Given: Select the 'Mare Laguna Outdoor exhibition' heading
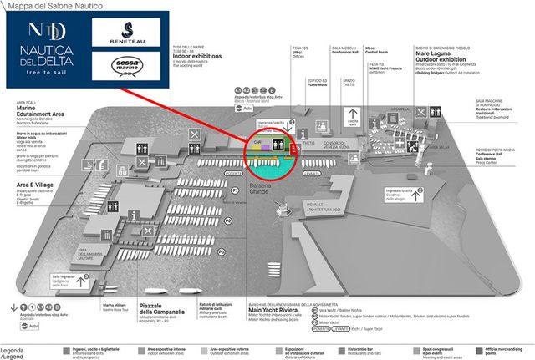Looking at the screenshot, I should (441, 62).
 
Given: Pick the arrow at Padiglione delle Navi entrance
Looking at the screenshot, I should (82, 281).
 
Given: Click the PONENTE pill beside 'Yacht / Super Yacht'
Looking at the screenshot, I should (319, 329).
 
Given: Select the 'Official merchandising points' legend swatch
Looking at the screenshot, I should (478, 351).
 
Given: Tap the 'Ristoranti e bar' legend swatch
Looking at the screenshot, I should (344, 351).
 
